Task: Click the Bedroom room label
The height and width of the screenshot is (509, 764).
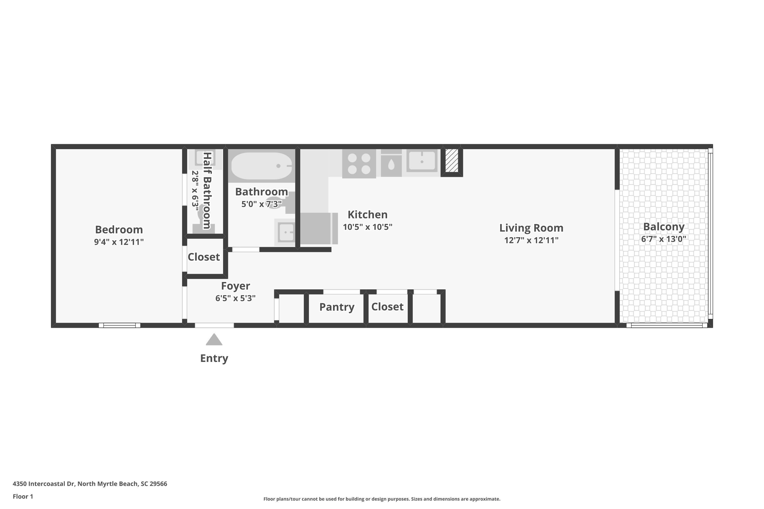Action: point(119,230)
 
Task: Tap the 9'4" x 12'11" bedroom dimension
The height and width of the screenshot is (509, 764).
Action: point(119,242)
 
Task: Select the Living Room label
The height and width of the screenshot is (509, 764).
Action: point(531,228)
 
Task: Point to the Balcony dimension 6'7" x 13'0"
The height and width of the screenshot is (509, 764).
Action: point(664,239)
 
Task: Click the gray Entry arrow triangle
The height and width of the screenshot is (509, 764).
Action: point(214,340)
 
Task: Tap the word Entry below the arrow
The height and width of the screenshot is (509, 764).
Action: point(214,358)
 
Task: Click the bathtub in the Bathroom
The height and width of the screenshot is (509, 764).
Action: point(262,166)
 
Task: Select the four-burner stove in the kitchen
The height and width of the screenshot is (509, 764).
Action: point(359,164)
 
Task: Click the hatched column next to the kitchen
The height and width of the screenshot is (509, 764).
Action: point(452,160)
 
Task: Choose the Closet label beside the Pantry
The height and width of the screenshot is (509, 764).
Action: point(387,307)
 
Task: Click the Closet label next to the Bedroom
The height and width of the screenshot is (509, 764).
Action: point(204,257)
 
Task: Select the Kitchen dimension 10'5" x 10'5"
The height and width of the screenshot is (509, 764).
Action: point(368,227)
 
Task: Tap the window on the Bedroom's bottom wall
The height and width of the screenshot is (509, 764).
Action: point(119,325)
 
